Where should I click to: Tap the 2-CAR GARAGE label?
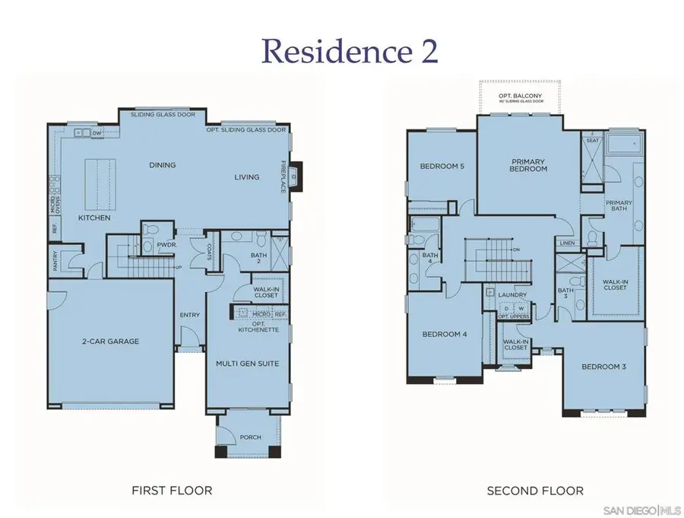pos(112,342)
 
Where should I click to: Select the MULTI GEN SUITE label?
pos(248,364)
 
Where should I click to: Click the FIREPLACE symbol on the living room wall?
pos(296,176)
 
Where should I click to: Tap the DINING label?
pos(163,165)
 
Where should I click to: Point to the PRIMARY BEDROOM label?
pos(529,164)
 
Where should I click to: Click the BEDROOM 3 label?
pos(603,367)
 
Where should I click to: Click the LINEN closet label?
pos(568,243)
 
